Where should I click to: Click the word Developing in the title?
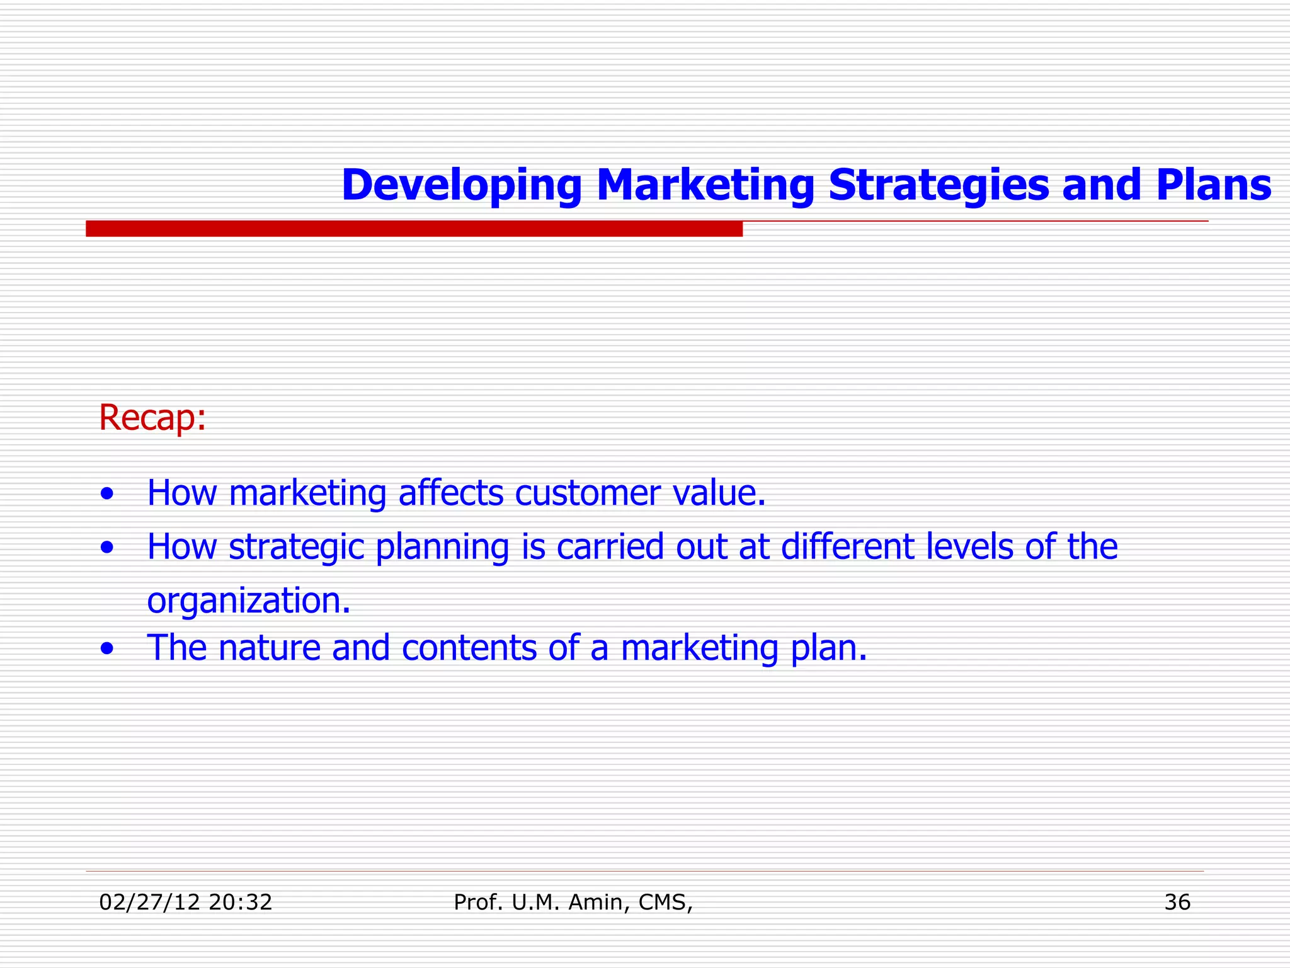pos(461,185)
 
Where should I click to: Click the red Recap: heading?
pos(152,417)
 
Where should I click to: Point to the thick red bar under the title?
pos(414,229)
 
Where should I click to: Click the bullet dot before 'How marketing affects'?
pos(107,494)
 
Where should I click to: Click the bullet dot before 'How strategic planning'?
pos(107,548)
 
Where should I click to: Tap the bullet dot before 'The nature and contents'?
pos(107,648)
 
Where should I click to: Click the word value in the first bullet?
pos(718,493)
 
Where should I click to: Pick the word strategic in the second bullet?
pos(296,547)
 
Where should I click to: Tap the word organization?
pos(248,601)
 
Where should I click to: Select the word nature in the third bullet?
pos(269,648)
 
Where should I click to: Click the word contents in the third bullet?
pos(469,648)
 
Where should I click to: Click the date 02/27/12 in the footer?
pos(149,902)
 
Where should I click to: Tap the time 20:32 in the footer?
pos(240,902)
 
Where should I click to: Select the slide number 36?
pos(1177,902)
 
